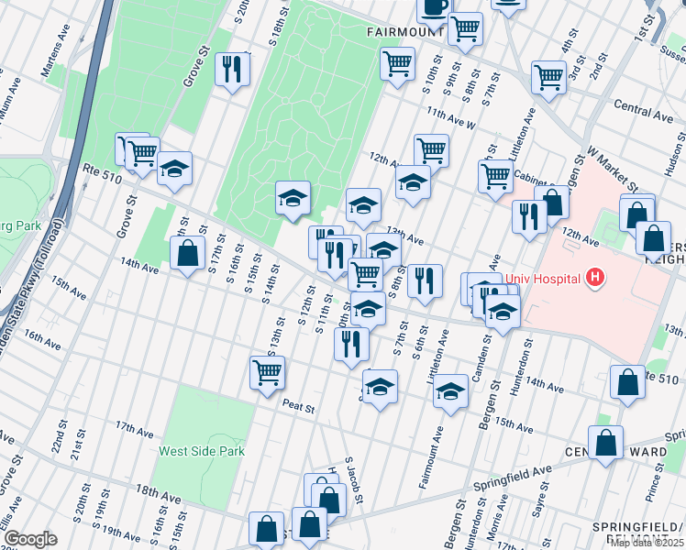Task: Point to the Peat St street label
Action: pos(298,404)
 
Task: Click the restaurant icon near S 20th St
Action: pos(231,69)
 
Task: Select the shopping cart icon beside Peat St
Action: pos(267,372)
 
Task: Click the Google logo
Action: pos(30,539)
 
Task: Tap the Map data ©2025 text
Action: pos(647,543)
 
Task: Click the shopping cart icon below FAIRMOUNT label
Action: pos(397,64)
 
